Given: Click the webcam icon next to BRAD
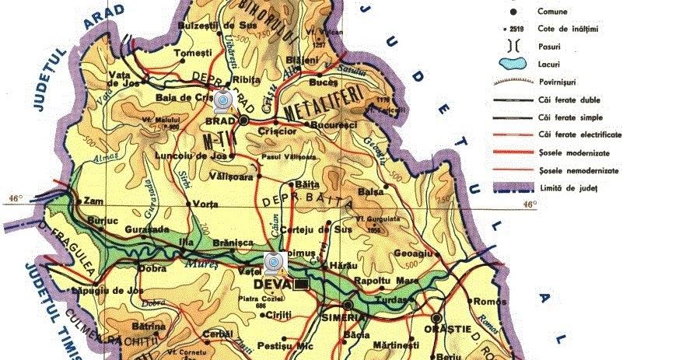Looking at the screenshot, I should [224, 100].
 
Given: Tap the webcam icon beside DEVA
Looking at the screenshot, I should [274, 264].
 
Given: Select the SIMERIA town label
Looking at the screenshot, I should [344, 318].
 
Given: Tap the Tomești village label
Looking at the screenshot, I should [194, 53].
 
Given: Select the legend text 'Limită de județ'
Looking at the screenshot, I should [568, 187].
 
